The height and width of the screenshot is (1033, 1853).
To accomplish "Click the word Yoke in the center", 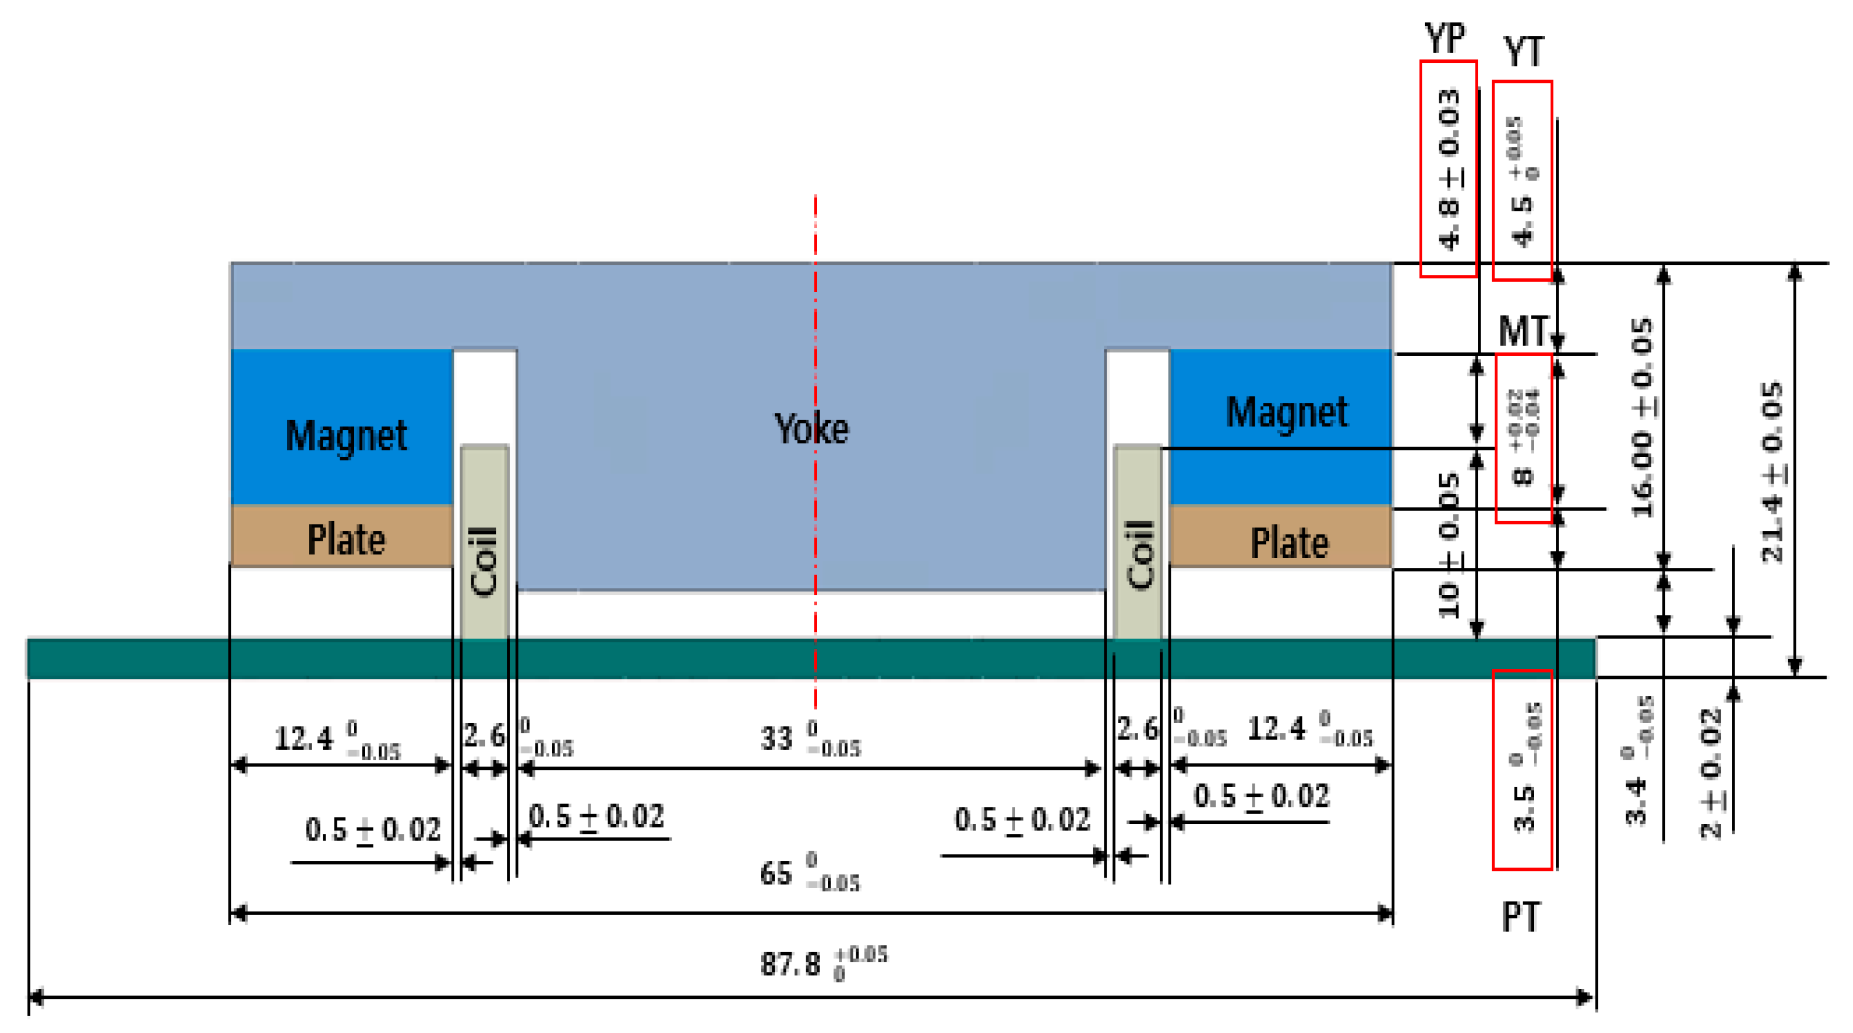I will pos(812,429).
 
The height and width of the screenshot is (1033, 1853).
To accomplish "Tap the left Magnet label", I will pos(346,436).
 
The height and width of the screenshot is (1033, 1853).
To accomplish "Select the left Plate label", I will pos(346,539).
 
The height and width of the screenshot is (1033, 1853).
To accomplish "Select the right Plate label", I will pos(1289,543).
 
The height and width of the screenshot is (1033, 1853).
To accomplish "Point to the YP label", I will pos(1445,38).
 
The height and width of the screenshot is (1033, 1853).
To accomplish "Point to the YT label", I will pos(1523,52).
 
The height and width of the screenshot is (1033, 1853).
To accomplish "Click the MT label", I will pos(1522,331).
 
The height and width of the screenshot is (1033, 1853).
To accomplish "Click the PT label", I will pos(1521,917).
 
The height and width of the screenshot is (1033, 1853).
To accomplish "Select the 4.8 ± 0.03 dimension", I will pos(1449,169).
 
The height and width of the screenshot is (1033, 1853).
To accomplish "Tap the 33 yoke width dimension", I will pos(809,738).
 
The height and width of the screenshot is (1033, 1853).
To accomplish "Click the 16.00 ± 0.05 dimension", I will pos(1642,417).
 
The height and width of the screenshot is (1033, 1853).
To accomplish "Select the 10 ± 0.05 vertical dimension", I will pos(1449,545).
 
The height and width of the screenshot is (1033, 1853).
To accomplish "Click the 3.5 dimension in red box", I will pos(1523,769).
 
